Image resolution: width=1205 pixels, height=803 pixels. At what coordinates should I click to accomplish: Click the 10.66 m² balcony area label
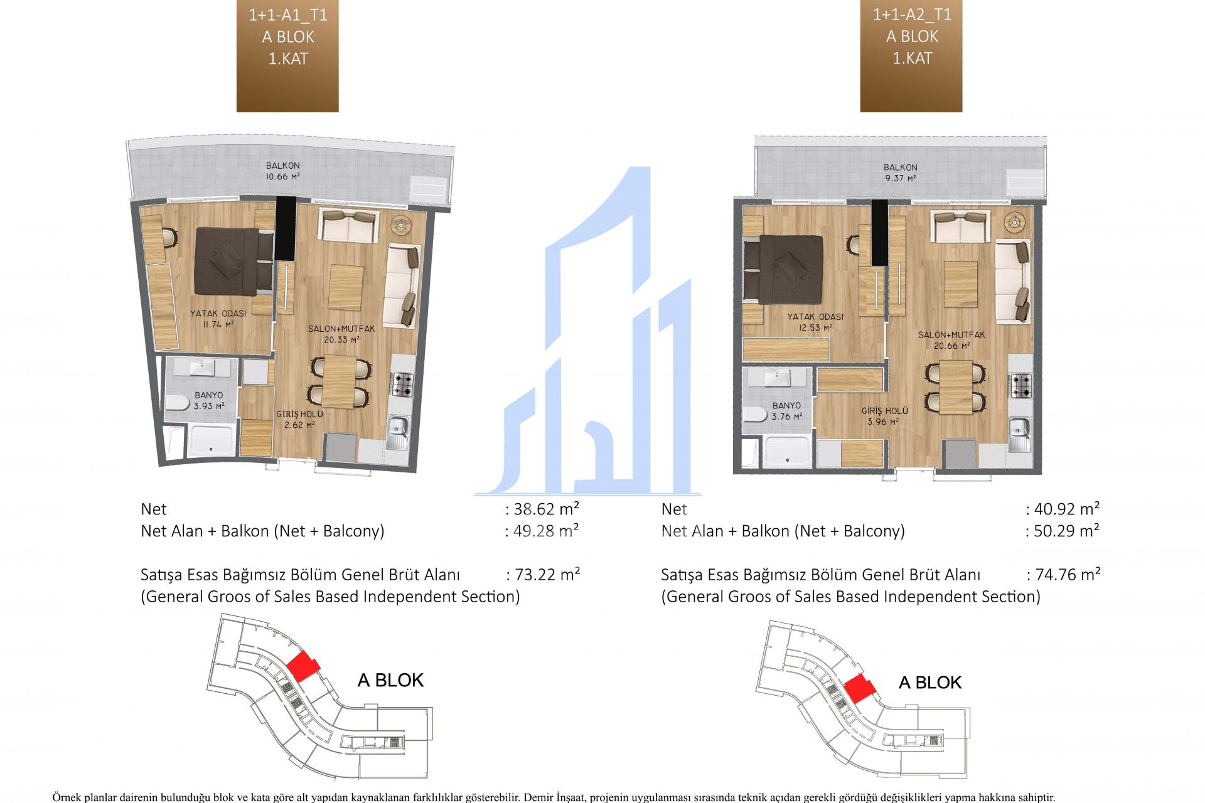pos(282,171)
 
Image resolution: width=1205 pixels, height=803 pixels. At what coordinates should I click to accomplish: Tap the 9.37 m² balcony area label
pos(901,173)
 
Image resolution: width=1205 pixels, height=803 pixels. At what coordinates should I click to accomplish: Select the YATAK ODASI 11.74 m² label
pos(218,319)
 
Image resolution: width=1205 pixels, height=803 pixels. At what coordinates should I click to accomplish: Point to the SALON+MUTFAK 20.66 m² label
pos(951,340)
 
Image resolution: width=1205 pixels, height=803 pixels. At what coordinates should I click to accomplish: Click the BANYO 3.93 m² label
pos(209,400)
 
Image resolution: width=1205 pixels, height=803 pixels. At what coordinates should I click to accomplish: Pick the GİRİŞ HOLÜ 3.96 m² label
pos(885,416)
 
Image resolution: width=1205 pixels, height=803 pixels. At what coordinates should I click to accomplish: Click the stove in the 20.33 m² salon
pos(402,384)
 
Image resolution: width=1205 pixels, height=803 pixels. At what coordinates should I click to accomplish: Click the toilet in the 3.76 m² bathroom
pos(753,415)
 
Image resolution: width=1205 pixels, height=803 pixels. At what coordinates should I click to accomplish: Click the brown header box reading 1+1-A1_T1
pos(287,56)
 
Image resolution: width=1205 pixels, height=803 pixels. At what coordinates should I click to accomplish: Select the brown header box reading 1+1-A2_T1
pos(911,56)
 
